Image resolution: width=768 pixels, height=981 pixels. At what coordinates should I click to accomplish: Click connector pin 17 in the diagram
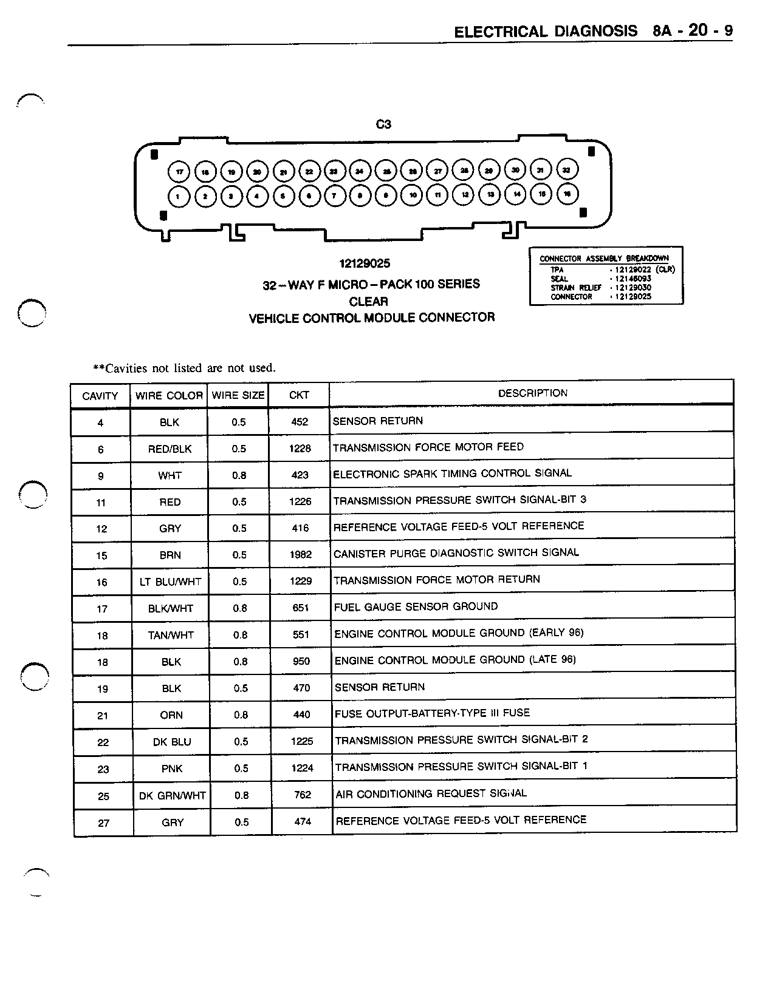(x=179, y=172)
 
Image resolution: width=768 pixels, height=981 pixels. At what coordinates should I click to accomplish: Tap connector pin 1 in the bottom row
(x=179, y=196)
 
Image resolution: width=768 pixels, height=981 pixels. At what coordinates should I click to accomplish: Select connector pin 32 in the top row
(x=566, y=170)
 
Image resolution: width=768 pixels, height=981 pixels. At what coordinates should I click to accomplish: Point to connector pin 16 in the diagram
(x=567, y=194)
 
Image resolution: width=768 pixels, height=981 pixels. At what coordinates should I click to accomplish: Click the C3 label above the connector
(x=383, y=124)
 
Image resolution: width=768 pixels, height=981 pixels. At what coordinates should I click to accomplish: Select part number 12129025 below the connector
(x=365, y=263)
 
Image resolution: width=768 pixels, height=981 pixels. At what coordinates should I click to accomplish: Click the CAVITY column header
(x=100, y=396)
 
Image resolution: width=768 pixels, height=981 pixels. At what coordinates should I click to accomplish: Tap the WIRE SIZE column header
(x=238, y=395)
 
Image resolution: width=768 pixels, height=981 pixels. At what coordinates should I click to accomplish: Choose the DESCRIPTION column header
(x=532, y=393)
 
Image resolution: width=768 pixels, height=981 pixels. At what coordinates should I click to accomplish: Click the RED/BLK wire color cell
(x=170, y=449)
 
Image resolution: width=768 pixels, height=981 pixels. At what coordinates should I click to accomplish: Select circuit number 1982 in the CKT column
(x=301, y=554)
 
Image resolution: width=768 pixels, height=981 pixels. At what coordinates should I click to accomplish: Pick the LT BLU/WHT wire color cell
(x=170, y=582)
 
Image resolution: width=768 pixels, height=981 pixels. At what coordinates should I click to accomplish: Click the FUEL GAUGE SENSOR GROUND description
(x=416, y=606)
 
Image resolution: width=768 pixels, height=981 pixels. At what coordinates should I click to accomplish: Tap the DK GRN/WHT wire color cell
(x=173, y=795)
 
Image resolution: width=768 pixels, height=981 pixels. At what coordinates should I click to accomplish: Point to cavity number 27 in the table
(x=103, y=823)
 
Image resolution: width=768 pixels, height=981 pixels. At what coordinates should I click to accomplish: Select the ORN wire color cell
(x=171, y=715)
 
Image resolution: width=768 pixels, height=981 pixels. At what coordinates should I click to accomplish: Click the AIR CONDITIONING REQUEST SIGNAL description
(x=431, y=793)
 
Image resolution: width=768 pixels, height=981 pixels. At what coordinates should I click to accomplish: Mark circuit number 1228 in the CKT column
(x=300, y=449)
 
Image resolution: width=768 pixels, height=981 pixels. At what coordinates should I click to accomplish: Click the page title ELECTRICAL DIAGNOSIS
(x=546, y=32)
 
